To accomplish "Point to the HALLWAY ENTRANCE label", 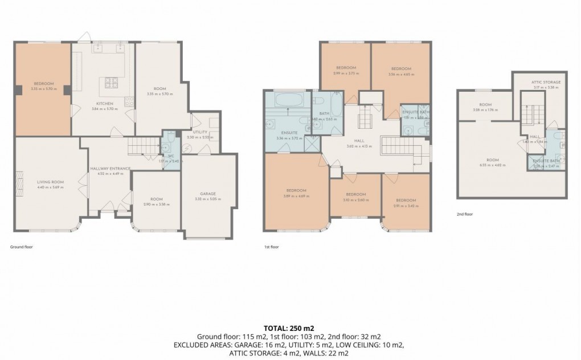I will point(111,169).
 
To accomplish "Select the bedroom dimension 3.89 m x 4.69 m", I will point(296,195).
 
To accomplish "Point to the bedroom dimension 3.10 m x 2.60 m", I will point(355,199).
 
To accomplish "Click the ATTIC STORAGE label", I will point(546,83).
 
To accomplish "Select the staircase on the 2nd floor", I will point(530,113).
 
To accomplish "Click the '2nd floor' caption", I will point(465,214).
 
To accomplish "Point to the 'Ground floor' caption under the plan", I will point(21,247).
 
